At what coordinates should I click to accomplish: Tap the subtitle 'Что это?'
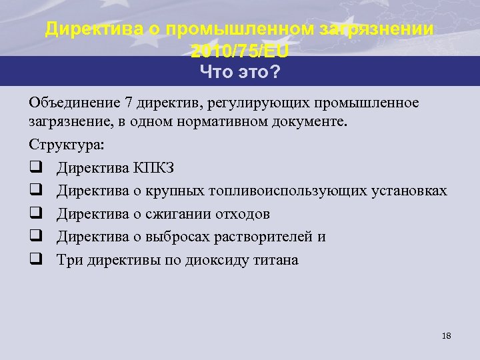pos(240,72)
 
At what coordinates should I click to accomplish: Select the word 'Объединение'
pos(72,102)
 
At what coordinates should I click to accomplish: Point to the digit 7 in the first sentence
pos(127,102)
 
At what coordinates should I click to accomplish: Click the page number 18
pos(446,336)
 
